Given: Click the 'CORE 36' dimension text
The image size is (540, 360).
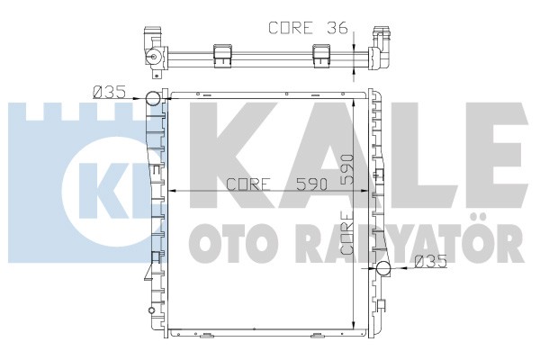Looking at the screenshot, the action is pos(308,28).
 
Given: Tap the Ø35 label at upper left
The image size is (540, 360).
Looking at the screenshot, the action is pos(109,92).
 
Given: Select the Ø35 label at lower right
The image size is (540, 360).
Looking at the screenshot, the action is pos(430,261).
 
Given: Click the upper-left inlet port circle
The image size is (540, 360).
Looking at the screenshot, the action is pos(154,98).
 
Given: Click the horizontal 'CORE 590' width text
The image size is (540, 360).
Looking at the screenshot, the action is pos(277,184).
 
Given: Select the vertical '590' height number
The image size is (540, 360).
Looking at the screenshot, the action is pos(347,169).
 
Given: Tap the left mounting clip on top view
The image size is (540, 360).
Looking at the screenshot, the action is pos(223,56).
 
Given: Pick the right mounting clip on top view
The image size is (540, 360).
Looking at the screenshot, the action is pos(321,56).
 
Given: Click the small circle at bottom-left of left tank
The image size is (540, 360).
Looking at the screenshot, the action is pos(151,310).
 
